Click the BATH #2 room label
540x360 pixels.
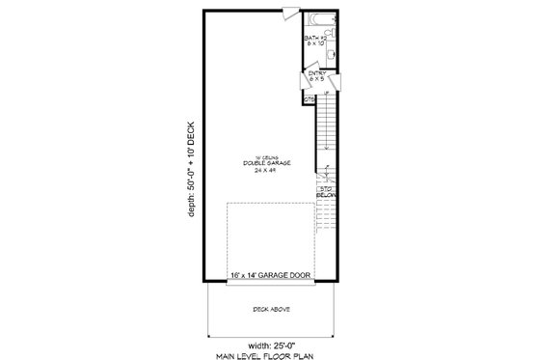315,38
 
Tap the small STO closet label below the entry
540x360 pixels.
309,98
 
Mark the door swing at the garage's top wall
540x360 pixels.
286,14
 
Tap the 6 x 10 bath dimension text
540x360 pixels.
315,44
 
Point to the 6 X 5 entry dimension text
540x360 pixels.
316,78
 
